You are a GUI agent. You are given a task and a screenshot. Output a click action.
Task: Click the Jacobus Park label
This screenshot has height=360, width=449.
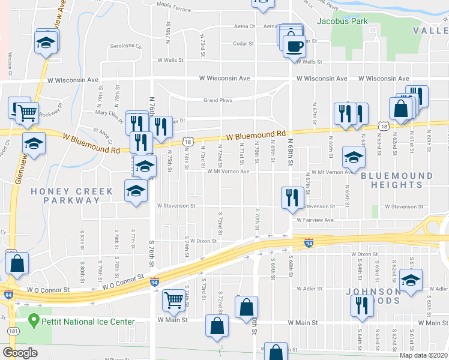[342, 21]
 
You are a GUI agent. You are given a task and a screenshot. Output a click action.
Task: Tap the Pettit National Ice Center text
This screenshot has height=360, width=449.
[88, 322]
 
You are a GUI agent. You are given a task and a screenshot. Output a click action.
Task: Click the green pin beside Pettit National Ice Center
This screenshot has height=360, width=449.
[34, 321]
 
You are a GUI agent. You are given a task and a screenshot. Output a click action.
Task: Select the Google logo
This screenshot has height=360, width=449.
[20, 353]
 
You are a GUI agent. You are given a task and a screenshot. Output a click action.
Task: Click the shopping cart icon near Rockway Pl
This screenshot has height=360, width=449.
[26, 112]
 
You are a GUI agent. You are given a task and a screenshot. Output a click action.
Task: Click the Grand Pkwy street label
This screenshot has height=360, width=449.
[217, 100]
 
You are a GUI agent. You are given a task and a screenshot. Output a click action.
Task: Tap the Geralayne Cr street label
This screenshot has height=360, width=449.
[125, 46]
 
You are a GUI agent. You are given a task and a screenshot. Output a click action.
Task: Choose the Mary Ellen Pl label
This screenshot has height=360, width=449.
[109, 112]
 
